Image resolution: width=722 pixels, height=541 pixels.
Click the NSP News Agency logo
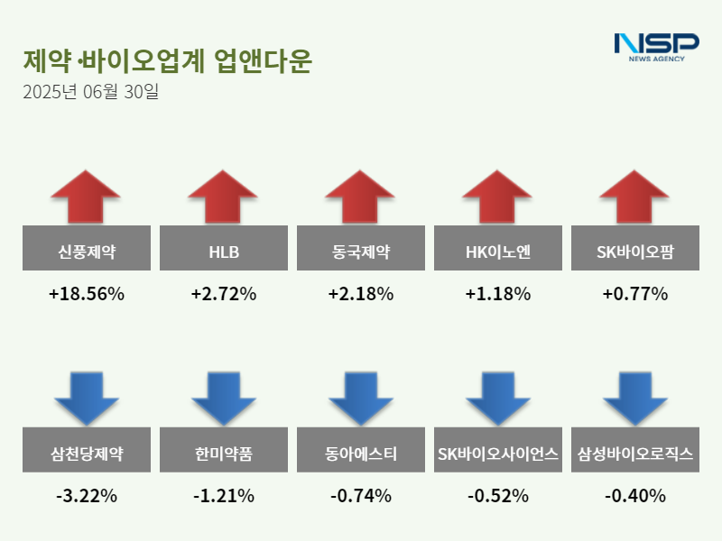click(x=656, y=47)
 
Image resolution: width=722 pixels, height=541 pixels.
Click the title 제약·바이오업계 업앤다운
click(x=167, y=60)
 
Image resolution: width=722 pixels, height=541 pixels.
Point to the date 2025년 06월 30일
click(x=90, y=91)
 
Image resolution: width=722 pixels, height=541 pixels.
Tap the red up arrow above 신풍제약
click(x=86, y=196)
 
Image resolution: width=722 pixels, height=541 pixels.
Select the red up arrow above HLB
click(x=223, y=196)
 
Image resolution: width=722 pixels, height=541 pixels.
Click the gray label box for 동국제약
click(x=360, y=247)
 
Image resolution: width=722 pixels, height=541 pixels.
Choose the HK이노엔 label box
click(x=497, y=247)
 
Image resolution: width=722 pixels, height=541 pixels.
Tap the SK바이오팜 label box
click(x=634, y=247)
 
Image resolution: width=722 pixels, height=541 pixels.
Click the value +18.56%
click(x=86, y=294)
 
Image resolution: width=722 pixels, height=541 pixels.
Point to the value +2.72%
click(x=223, y=294)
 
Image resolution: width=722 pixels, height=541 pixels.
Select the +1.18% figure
click(x=497, y=294)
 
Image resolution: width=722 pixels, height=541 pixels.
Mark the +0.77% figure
click(x=634, y=294)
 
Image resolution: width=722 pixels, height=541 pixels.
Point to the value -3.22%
click(x=86, y=496)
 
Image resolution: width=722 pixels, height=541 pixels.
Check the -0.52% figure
click(x=497, y=496)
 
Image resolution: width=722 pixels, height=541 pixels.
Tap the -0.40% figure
click(x=634, y=496)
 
